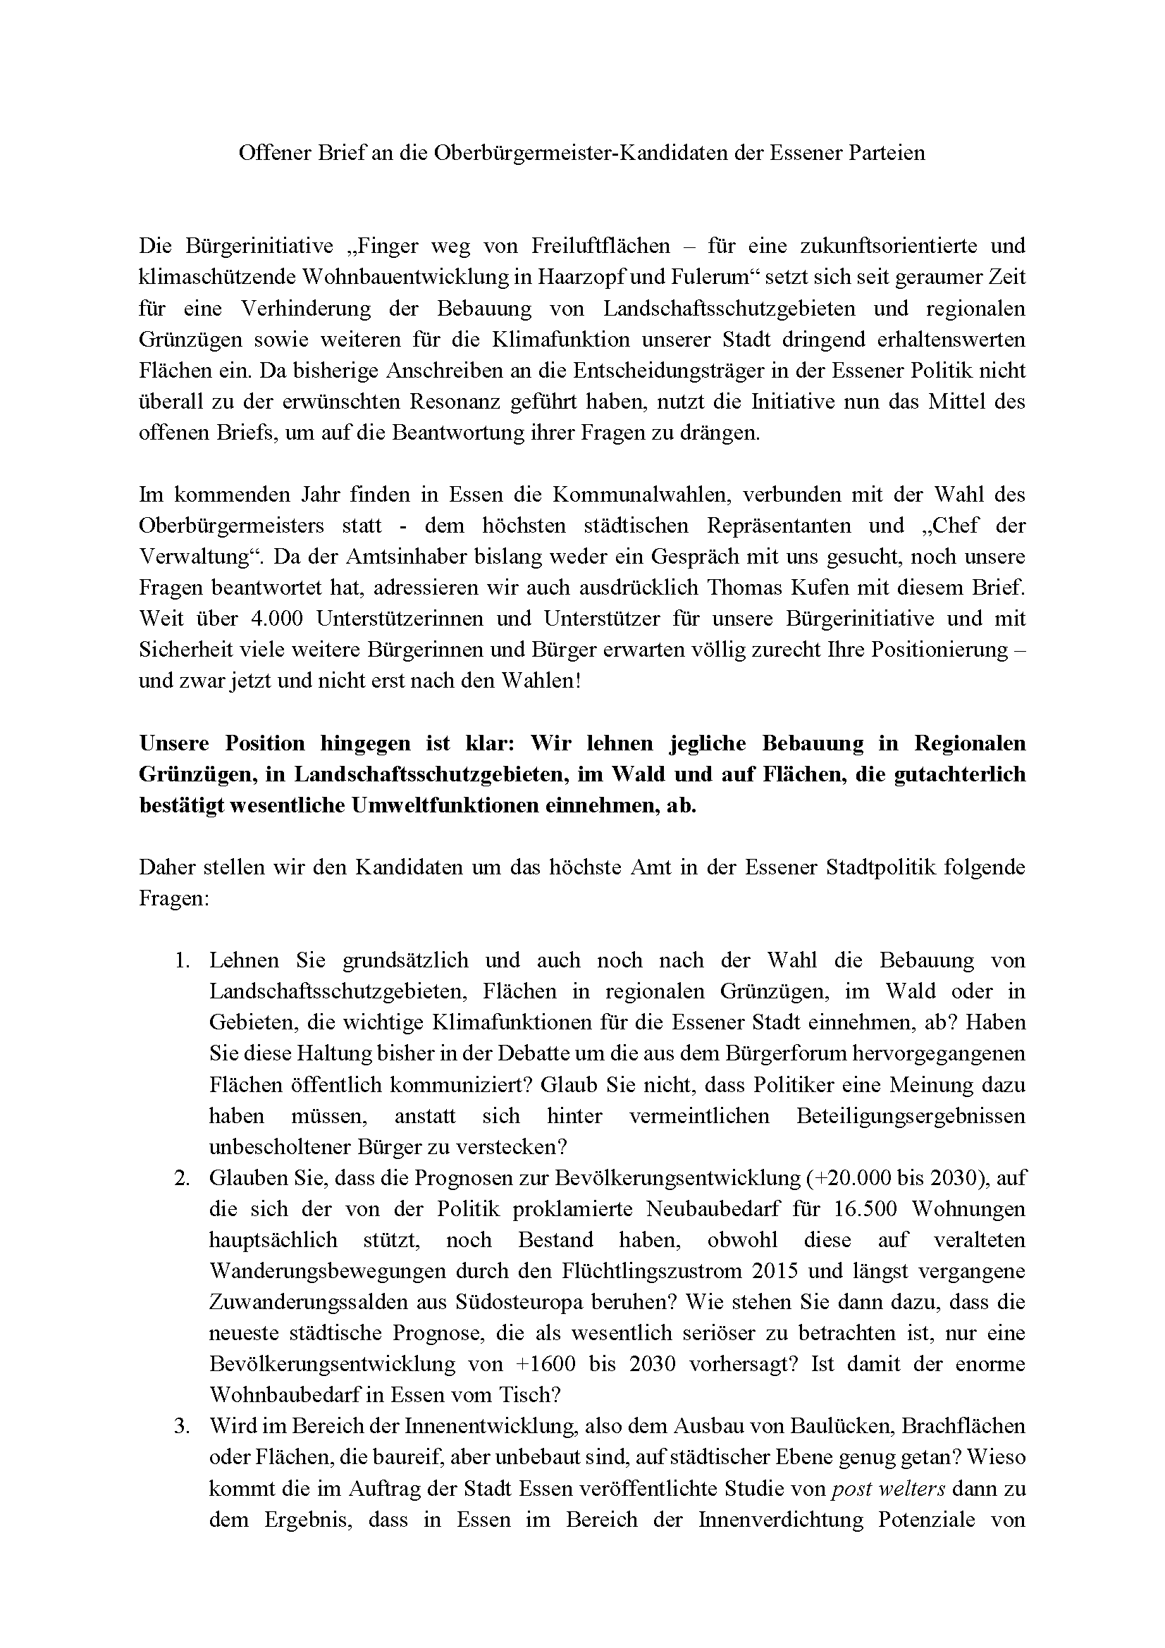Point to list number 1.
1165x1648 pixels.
pos(181,960)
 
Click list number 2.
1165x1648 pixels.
pos(181,1178)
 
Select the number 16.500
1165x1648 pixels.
pos(865,1209)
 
